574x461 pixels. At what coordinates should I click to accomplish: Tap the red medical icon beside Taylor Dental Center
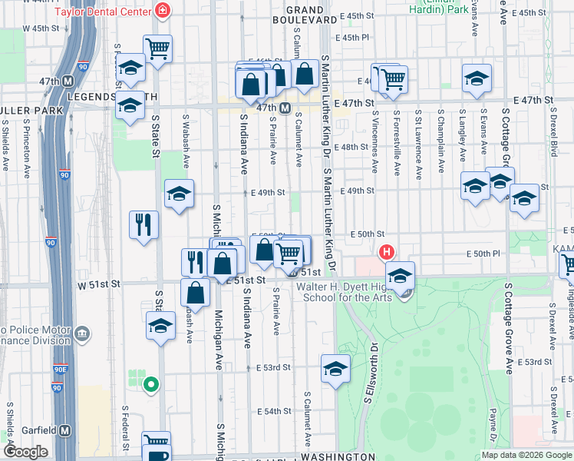(x=162, y=10)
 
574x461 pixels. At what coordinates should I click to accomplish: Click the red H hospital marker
(x=386, y=251)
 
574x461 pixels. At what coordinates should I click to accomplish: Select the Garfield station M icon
(x=65, y=430)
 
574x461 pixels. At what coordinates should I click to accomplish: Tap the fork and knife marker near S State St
(x=143, y=224)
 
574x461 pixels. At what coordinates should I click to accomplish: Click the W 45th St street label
(x=41, y=28)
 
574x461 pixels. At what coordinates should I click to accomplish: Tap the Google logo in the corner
(x=26, y=452)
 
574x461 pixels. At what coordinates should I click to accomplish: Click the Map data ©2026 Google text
(x=526, y=454)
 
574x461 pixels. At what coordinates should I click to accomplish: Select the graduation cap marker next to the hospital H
(x=400, y=276)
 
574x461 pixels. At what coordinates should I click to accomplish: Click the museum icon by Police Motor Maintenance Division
(x=82, y=334)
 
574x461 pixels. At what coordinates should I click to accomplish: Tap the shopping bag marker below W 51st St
(x=196, y=292)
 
